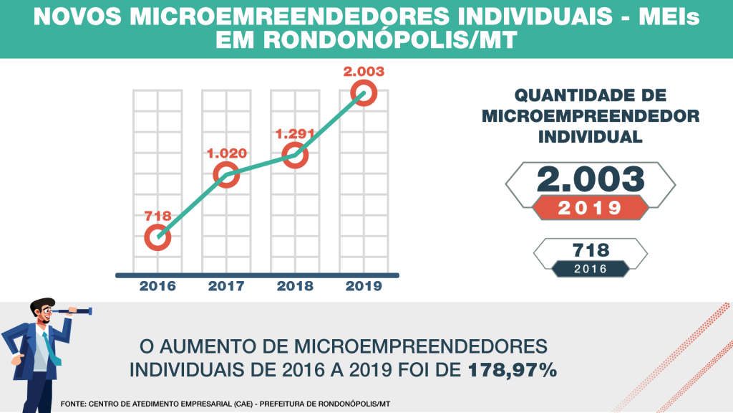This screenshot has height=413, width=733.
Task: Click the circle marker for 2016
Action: point(157,237)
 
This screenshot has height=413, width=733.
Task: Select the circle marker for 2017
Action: point(226,174)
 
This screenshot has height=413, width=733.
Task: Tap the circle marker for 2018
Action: point(294,155)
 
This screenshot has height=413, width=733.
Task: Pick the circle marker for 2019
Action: point(364,93)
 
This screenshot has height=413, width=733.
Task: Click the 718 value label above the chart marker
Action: point(157,214)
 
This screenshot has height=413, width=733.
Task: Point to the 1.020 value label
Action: point(226,153)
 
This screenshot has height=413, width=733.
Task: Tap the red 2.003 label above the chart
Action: point(364,71)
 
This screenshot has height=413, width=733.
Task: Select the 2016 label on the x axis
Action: point(157,286)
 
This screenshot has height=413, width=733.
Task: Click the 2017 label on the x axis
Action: point(226,286)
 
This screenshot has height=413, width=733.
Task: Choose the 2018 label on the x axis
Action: point(295,286)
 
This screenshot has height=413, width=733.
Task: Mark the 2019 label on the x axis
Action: point(364,286)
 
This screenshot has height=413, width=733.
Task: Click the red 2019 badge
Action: point(590,208)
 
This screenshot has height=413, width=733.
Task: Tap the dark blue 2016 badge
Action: point(591,269)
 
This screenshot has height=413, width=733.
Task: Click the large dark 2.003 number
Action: point(591,180)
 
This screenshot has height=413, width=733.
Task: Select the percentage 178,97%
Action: point(513,371)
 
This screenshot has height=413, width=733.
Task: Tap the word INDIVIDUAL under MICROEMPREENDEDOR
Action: point(591,136)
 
